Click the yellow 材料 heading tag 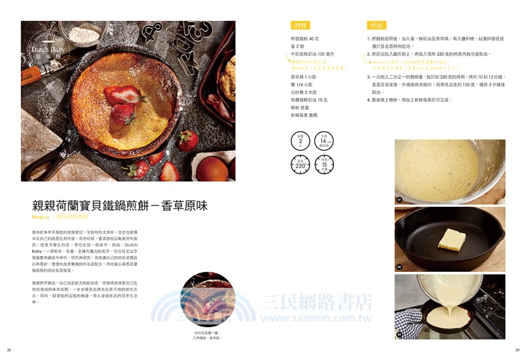pos(300,26)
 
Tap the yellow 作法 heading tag pos(376,26)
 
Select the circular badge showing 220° pos(300,166)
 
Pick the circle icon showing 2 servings pos(300,141)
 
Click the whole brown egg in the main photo pos(212,168)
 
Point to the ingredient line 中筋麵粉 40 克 pos(310,39)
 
